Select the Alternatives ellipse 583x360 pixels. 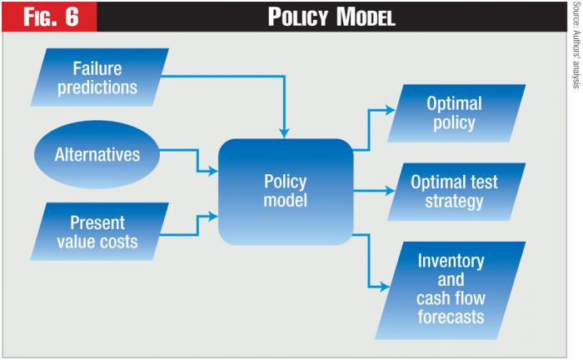(x=97, y=154)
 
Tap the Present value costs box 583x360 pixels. (x=97, y=233)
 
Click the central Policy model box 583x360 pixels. (x=285, y=191)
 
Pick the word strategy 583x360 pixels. (x=455, y=200)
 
